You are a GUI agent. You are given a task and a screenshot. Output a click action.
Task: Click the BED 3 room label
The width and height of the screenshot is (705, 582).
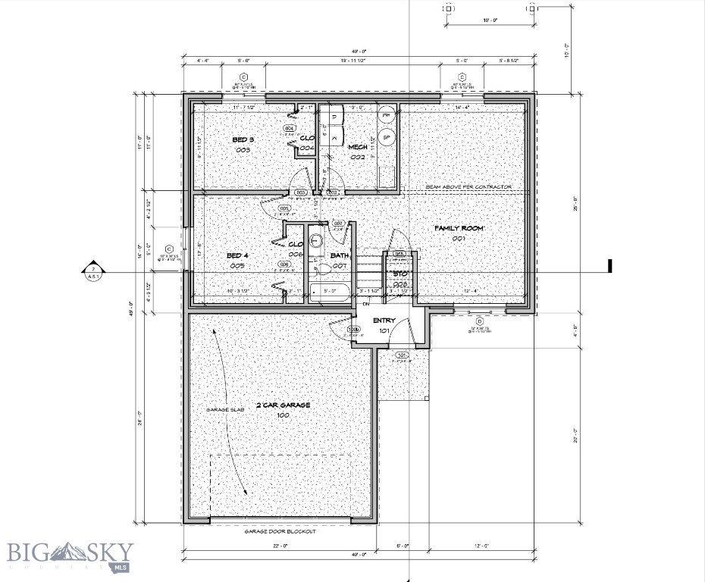(242, 140)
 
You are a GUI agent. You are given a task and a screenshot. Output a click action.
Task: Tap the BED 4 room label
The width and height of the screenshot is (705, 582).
(237, 256)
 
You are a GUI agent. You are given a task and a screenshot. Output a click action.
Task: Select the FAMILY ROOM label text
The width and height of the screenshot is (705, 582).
(459, 228)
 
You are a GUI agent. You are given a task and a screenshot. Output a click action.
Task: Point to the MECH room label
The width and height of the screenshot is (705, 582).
(358, 146)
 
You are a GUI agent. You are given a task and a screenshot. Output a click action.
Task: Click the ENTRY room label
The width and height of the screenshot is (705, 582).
(384, 321)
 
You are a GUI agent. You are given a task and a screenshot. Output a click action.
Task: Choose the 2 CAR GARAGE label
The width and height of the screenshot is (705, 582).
(283, 405)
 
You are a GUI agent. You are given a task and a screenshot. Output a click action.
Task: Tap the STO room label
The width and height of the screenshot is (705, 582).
(400, 274)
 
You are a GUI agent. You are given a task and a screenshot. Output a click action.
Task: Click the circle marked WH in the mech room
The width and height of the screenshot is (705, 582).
(387, 116)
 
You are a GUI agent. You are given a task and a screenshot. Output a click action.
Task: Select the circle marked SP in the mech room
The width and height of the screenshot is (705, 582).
(387, 137)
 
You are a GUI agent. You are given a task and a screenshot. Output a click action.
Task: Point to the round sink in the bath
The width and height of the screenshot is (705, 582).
(317, 240)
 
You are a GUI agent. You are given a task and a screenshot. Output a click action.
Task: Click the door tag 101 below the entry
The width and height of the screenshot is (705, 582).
(402, 355)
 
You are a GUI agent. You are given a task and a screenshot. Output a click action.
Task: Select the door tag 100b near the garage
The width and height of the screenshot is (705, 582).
(353, 330)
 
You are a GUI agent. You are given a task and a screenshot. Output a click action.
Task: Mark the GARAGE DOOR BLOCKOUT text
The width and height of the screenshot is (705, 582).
(280, 531)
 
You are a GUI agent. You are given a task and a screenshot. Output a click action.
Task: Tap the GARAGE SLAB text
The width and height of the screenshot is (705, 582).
(224, 410)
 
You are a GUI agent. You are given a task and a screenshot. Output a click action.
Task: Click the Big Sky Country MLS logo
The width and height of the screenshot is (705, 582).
(70, 555)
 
